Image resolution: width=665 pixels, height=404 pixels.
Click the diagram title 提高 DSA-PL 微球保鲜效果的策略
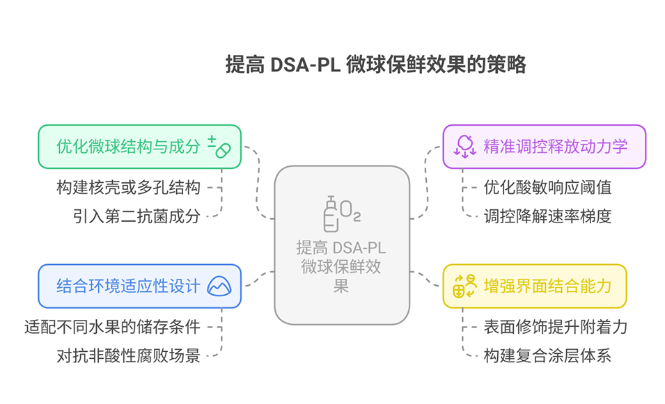pyautogui.click(x=375, y=65)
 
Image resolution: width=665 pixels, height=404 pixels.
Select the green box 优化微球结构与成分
pyautogui.click(x=139, y=147)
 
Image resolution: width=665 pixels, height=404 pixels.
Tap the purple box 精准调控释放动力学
pyautogui.click(x=544, y=147)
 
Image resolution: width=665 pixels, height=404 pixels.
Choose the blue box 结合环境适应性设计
pyautogui.click(x=139, y=286)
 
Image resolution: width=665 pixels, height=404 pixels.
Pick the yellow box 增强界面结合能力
pyautogui.click(x=534, y=286)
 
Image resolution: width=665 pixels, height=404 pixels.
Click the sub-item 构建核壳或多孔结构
pyautogui.click(x=129, y=187)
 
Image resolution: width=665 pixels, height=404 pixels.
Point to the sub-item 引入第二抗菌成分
pyautogui.click(x=136, y=216)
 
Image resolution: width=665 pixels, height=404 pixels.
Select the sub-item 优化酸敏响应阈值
pyautogui.click(x=547, y=187)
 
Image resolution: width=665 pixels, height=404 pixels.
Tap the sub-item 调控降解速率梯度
pyautogui.click(x=547, y=216)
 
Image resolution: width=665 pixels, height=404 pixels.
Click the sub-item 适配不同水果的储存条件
pyautogui.click(x=112, y=327)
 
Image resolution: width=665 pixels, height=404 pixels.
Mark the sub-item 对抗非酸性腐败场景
pyautogui.click(x=129, y=356)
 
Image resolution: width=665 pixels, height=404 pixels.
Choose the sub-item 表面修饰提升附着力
pyautogui.click(x=556, y=327)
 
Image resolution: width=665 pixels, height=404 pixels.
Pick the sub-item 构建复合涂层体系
pyautogui.click(x=547, y=356)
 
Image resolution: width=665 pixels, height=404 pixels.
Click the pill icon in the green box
pyautogui.click(x=219, y=147)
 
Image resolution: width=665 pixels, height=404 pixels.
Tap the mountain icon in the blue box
pyautogui.click(x=219, y=286)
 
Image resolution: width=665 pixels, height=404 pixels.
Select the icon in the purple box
pyautogui.click(x=465, y=147)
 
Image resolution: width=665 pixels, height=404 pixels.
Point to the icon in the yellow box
pyautogui.click(x=465, y=286)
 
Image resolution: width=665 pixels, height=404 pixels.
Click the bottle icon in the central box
pyautogui.click(x=331, y=214)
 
